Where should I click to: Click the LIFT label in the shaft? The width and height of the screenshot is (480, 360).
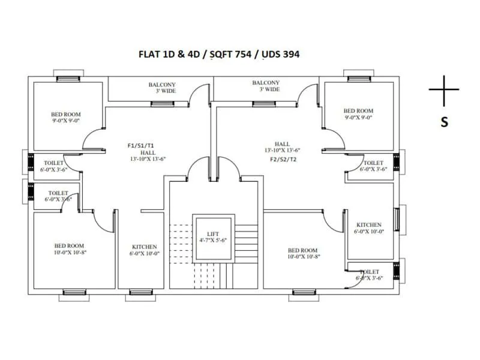pos(213,234)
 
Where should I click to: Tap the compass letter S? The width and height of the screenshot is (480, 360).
pos(445,122)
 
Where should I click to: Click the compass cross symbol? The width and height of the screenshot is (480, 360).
pos(444,90)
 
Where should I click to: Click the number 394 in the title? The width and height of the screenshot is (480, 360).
pos(289,54)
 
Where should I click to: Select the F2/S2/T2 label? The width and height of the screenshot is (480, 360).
pos(283,159)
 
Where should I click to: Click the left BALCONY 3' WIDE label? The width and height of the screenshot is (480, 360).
pos(162,88)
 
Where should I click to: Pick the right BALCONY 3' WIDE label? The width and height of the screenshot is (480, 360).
pos(266,86)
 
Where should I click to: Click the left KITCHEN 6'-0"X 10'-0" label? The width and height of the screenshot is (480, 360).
pos(145,250)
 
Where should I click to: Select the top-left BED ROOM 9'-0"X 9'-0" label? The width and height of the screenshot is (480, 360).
pos(66,117)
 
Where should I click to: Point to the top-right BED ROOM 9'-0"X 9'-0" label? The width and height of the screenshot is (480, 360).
pos(358,114)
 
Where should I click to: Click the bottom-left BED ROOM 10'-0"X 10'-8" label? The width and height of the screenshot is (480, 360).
pos(70,249)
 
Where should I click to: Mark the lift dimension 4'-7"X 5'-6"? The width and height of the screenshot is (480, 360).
pos(213,241)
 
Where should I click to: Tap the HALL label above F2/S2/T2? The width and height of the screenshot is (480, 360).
pos(282,144)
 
